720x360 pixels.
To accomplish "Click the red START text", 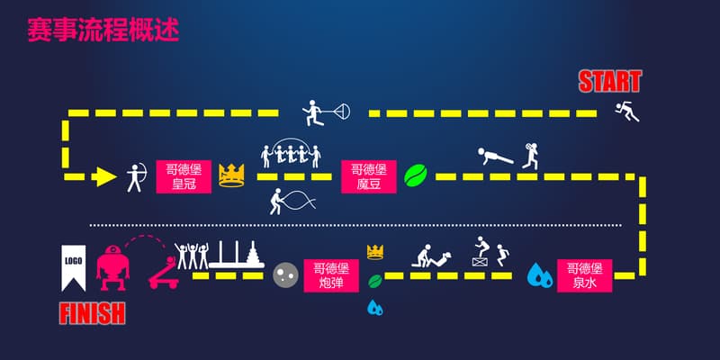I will click(x=609, y=82).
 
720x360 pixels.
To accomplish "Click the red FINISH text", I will click(x=92, y=313).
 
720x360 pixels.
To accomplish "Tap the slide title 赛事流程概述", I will click(x=103, y=30).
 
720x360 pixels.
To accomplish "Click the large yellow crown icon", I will click(x=232, y=175).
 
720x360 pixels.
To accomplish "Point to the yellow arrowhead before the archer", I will click(x=106, y=176).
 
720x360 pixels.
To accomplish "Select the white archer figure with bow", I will click(x=136, y=176).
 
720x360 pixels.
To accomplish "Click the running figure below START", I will click(x=626, y=112).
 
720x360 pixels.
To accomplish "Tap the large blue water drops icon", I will click(x=540, y=274).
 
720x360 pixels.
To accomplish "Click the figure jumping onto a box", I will click(x=484, y=252).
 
